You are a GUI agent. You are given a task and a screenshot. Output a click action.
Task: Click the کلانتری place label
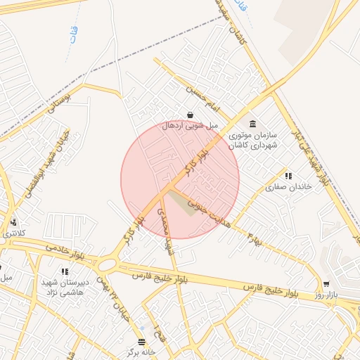click(x=11, y=232)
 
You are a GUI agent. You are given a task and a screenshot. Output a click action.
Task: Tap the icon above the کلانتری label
click(x=13, y=222)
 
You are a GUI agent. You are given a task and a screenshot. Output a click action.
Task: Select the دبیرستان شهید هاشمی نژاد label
click(x=63, y=286)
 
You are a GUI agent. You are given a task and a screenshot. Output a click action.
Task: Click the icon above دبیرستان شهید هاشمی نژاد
click(x=65, y=271)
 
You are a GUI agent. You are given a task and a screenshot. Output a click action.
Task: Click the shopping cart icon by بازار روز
click(x=326, y=284)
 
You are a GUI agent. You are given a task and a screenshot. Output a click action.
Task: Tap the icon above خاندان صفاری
click(x=288, y=176)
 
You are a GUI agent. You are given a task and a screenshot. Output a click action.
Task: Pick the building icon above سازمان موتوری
click(x=252, y=123)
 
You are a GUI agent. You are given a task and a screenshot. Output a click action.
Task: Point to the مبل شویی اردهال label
click(x=190, y=125)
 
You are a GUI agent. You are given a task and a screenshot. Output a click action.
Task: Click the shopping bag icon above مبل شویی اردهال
click(x=190, y=115)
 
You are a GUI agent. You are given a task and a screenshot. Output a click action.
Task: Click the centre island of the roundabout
click(x=108, y=265)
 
